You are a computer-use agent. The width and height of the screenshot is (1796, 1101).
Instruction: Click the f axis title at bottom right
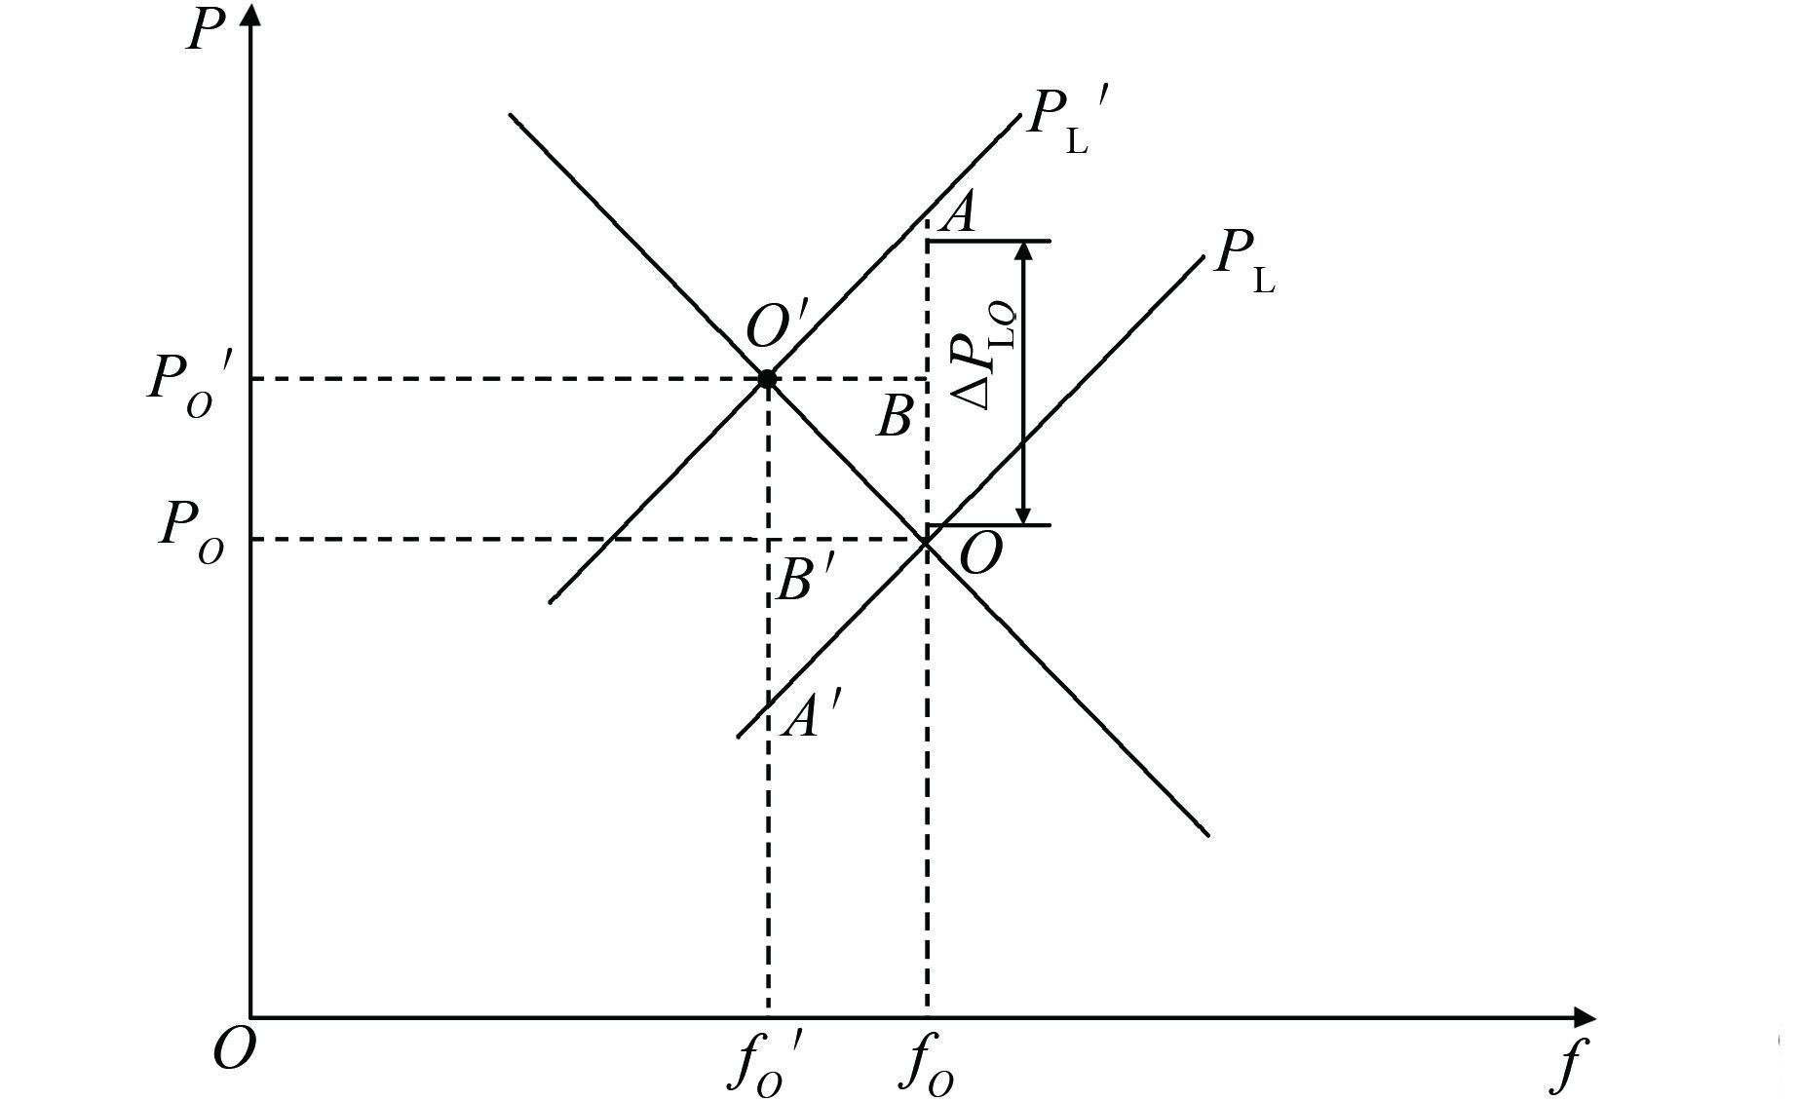tap(1566, 1066)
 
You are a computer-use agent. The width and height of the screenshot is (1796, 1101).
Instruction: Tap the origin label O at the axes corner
tap(234, 1049)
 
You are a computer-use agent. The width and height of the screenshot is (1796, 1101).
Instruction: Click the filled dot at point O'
tap(767, 379)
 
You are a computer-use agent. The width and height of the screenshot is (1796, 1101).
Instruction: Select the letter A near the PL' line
tap(960, 212)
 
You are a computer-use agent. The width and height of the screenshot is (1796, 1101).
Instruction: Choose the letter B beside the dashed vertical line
tap(894, 417)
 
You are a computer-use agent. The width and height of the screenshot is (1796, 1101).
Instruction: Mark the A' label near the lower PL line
tap(808, 719)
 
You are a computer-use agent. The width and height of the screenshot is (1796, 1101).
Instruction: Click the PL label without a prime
tap(1243, 261)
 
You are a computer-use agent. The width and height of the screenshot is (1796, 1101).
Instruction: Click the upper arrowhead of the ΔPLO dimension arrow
tap(1023, 251)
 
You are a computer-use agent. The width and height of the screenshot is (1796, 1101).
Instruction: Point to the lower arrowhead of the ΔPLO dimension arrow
tap(1023, 514)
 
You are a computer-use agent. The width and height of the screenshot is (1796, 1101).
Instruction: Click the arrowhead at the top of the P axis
tap(251, 16)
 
